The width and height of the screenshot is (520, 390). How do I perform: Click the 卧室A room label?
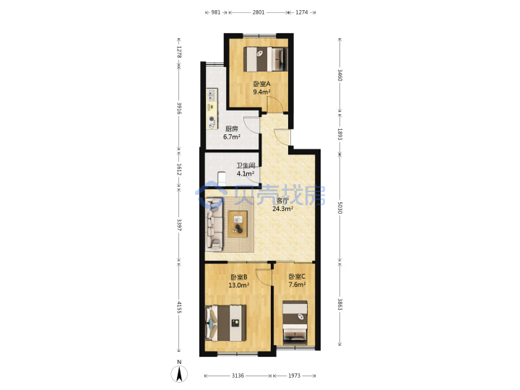[x=261, y=84]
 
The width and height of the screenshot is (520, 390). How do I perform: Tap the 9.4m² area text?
[x=261, y=92]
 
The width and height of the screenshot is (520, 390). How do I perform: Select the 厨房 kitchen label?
[x=232, y=129]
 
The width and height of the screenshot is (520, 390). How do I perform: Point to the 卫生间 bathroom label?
[x=246, y=165]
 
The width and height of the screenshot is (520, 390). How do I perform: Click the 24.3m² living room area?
[x=282, y=209]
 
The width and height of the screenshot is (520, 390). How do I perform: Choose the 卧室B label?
[x=239, y=277]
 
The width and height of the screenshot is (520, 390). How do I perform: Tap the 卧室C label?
[x=297, y=277]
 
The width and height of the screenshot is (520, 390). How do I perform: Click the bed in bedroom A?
[x=266, y=59]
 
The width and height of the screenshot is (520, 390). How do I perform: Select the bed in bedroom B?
[x=226, y=323]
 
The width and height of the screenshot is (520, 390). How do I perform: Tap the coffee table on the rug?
[x=238, y=224]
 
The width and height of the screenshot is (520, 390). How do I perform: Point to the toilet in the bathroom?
[x=222, y=178]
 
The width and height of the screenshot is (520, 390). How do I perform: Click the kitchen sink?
[x=212, y=95]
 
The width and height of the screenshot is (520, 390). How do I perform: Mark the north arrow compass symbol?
[x=179, y=374]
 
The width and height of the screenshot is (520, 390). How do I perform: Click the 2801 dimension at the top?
[x=259, y=12]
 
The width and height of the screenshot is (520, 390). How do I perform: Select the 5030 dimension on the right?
[x=339, y=207]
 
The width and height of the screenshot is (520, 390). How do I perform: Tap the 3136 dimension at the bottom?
[x=238, y=376]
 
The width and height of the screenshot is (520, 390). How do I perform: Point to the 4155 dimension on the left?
[x=179, y=307]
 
